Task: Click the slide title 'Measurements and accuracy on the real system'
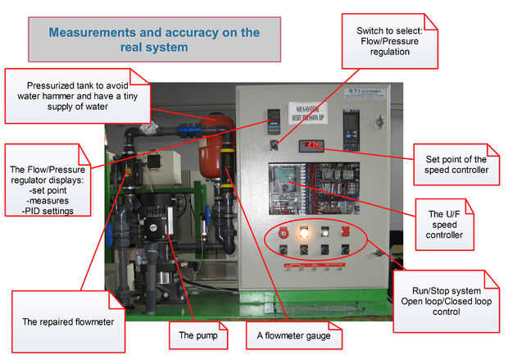154,39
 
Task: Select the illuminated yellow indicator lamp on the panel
305,231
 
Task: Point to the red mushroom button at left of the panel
284,231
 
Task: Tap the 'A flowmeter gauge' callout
293,335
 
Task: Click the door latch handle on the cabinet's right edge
379,122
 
